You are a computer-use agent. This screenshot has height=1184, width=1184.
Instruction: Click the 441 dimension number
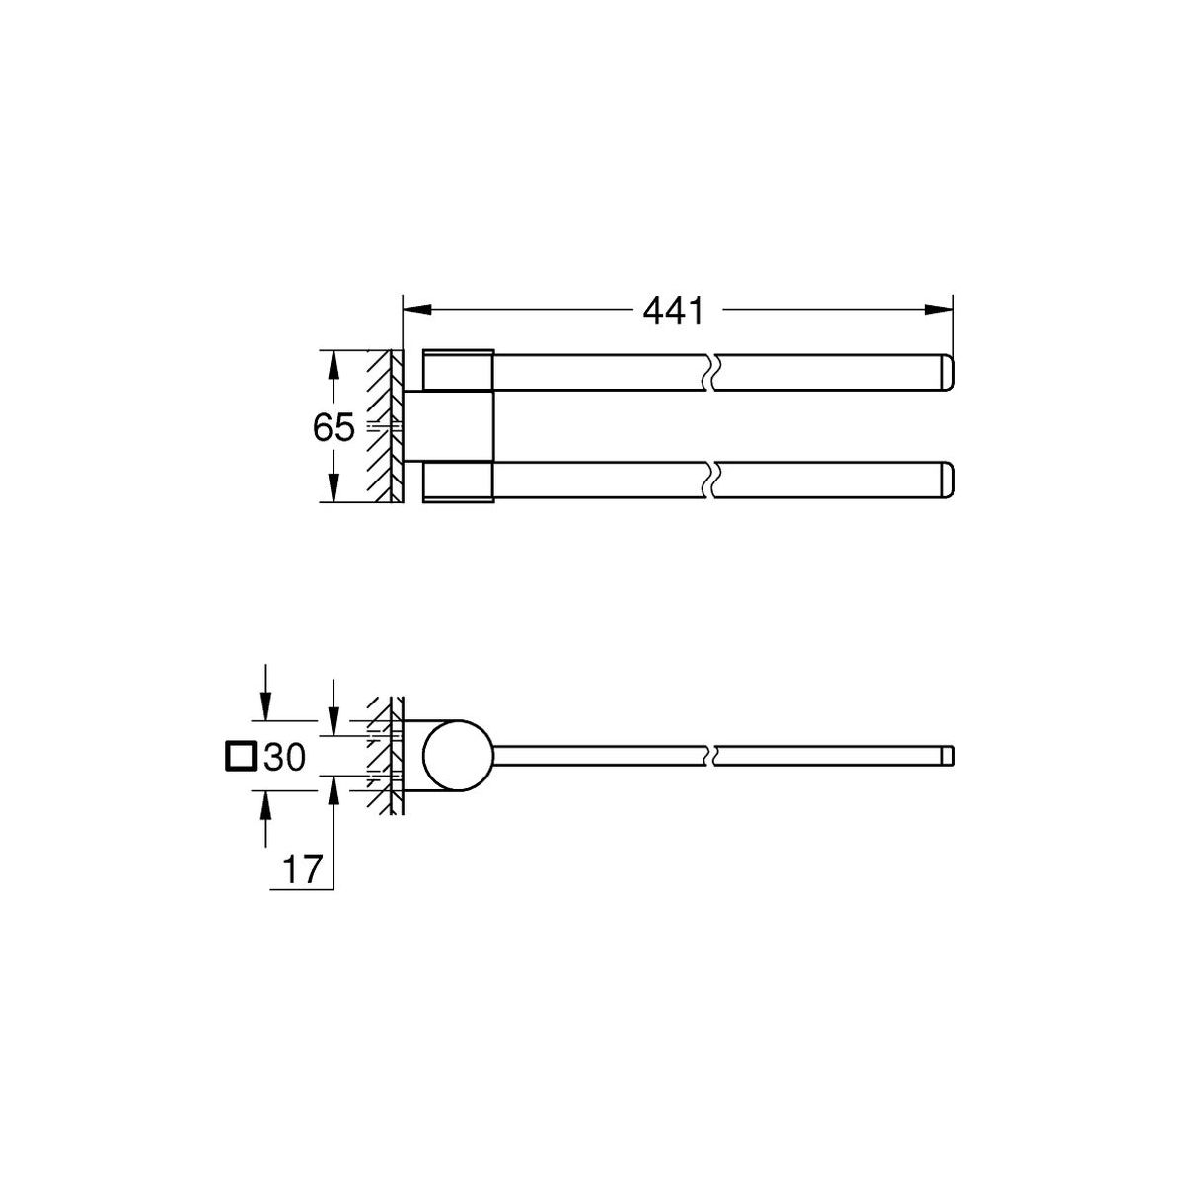[673, 311]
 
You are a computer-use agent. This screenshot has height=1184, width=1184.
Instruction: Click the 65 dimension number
[333, 427]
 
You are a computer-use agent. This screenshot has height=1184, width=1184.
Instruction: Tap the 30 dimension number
[284, 757]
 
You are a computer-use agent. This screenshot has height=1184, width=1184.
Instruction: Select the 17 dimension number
[302, 869]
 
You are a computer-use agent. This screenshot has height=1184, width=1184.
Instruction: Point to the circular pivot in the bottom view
[458, 755]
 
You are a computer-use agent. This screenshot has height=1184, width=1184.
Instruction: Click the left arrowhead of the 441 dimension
[416, 310]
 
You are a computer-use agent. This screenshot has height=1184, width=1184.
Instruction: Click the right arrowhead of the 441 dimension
[939, 310]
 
